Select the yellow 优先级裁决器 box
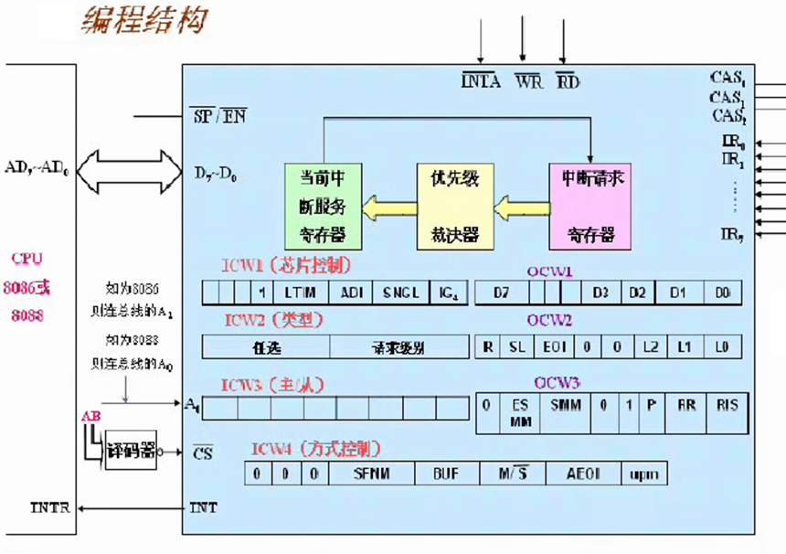click(454, 206)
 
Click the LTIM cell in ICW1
click(300, 293)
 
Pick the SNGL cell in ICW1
click(400, 293)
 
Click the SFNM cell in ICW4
click(372, 474)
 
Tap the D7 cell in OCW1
click(500, 293)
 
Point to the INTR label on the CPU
click(51, 507)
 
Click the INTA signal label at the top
click(481, 82)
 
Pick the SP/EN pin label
click(218, 116)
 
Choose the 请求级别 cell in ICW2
click(398, 347)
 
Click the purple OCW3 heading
click(556, 382)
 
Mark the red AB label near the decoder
click(91, 416)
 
